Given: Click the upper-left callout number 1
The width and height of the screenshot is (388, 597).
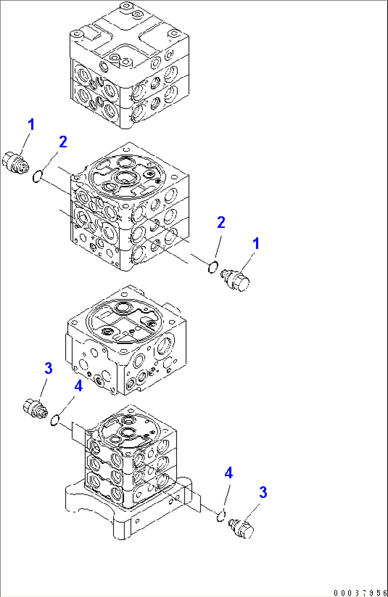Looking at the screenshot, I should coord(31,125).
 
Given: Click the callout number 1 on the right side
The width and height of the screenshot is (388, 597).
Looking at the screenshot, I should coord(256,244).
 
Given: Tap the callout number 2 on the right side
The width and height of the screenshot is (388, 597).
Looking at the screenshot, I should coord(221,223).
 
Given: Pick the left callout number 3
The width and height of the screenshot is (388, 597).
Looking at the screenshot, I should coord(48,368).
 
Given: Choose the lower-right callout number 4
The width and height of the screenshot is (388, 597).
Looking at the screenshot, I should coord(228,473).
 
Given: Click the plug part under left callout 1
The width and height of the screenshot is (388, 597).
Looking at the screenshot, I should coord(15,163).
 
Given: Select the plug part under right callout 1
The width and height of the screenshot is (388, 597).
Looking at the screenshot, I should coord(236,280).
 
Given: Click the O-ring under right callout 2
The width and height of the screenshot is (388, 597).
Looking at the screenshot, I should coord(213,267).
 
